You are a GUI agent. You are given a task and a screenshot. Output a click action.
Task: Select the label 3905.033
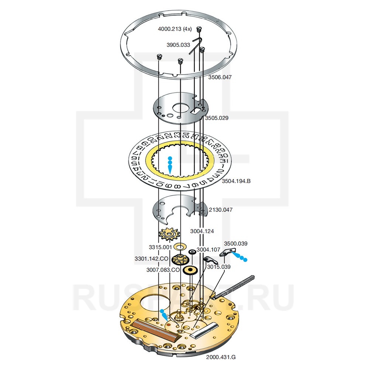(178, 45)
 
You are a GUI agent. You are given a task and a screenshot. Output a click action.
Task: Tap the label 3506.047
(220, 77)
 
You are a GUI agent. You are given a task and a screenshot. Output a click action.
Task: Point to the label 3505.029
(217, 118)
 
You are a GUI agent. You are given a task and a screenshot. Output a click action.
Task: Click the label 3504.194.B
(236, 181)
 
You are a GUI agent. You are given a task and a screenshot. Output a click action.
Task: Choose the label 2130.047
(221, 210)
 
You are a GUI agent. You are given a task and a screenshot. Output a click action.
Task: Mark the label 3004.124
(202, 231)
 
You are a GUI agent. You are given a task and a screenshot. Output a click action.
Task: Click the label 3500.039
(236, 244)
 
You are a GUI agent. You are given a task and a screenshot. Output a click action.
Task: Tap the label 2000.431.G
(221, 357)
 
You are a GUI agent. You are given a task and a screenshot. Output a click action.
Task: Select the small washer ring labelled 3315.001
(180, 246)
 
